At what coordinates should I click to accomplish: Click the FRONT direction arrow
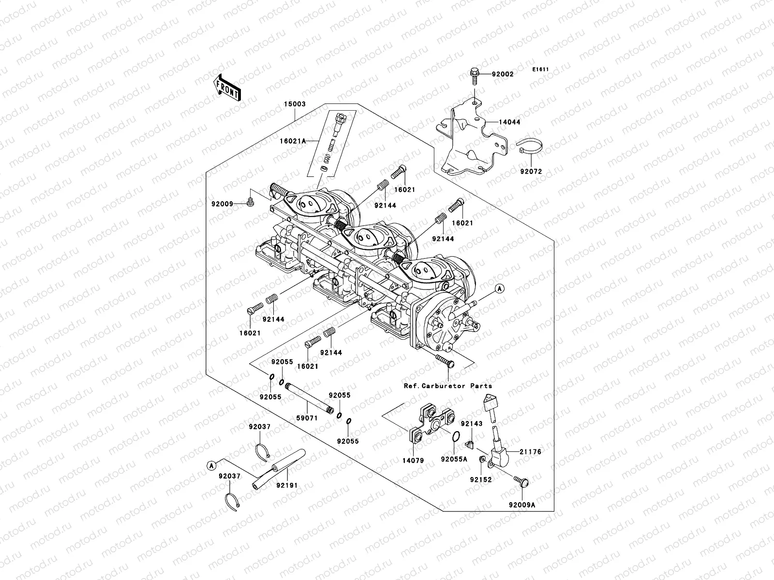coord(228,88)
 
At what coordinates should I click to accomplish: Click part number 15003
coord(295,104)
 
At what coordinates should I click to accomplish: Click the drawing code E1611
coord(540,70)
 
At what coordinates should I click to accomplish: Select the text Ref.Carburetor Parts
coord(447,386)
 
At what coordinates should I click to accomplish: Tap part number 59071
coord(307,418)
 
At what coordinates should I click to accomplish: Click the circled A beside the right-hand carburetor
coord(500,289)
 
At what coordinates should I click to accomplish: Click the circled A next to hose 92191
coord(211,465)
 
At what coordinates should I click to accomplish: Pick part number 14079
coord(413,461)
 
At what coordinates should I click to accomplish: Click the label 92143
coord(471,423)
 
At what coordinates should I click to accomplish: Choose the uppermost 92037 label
coord(260,427)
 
